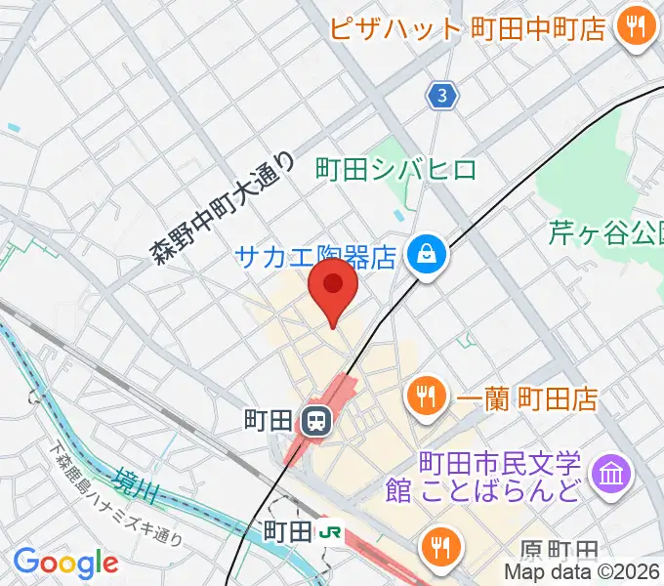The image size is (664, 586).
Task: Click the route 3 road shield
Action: point(443,96)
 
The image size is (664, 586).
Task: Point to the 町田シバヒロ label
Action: point(396,170)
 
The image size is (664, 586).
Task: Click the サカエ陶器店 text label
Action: point(315,258)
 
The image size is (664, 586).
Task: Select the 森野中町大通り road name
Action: point(223,208)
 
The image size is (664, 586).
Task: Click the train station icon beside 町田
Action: point(315,422)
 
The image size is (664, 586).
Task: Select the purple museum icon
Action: point(613,475)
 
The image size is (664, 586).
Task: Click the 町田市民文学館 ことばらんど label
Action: point(499,476)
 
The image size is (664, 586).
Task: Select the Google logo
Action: point(65,563)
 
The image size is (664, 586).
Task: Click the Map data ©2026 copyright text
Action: point(582,572)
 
